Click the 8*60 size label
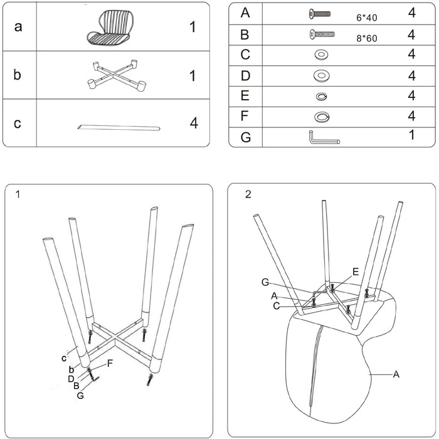click(x=367, y=38)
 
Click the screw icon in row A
click(x=320, y=13)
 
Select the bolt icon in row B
click(x=320, y=34)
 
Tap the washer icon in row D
click(x=321, y=76)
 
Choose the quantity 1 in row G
click(x=411, y=135)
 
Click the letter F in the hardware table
click(x=245, y=117)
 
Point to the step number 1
click(x=18, y=194)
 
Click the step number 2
click(x=248, y=194)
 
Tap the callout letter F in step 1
click(x=110, y=363)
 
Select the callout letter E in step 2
click(x=356, y=272)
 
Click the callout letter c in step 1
click(x=64, y=358)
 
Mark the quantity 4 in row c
click(x=194, y=123)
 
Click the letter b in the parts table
click(x=18, y=75)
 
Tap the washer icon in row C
click(x=321, y=55)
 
